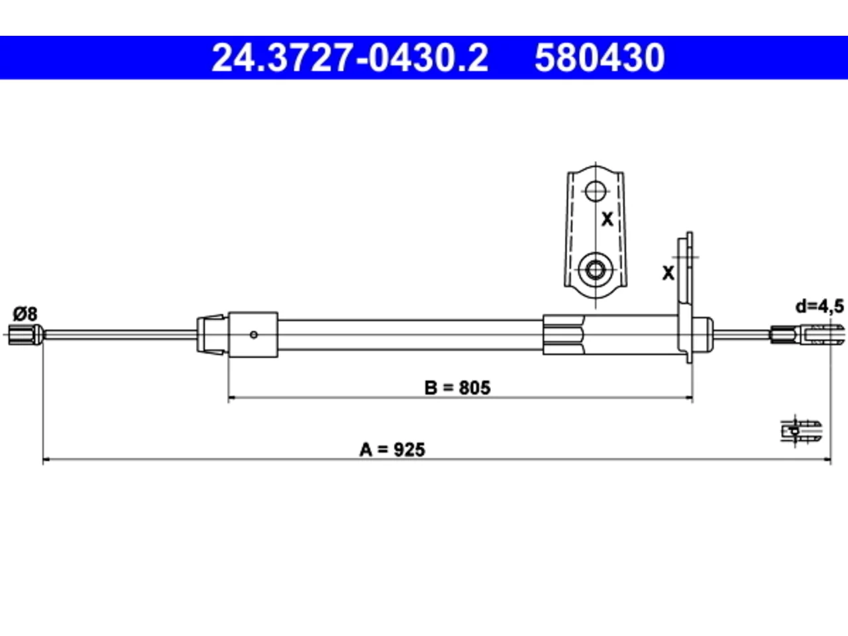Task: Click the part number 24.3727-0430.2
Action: click(350, 58)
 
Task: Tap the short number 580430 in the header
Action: click(600, 58)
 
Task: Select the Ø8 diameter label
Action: click(25, 313)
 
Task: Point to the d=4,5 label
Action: click(820, 307)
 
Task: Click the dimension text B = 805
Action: click(457, 388)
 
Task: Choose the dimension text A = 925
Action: click(392, 450)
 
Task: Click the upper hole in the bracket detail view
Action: click(595, 191)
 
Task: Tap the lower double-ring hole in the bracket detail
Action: click(595, 270)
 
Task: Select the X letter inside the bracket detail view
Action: click(608, 219)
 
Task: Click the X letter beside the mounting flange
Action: click(668, 273)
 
